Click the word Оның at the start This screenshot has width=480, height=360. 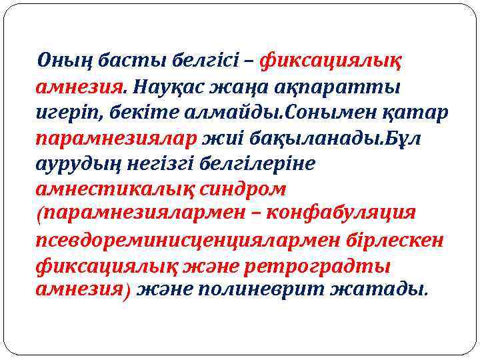coord(65,61)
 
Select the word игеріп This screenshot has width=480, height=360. coord(68,112)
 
